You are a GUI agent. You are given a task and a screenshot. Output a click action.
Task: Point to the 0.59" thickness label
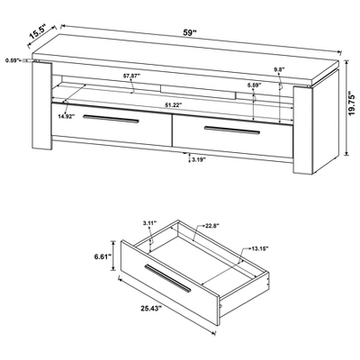[x=12, y=61]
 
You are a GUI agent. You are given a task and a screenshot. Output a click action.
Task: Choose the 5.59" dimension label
[x=254, y=86]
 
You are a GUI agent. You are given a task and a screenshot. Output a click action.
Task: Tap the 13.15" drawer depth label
[x=260, y=249]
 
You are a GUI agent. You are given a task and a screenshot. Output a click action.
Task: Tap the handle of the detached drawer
[x=171, y=281]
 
